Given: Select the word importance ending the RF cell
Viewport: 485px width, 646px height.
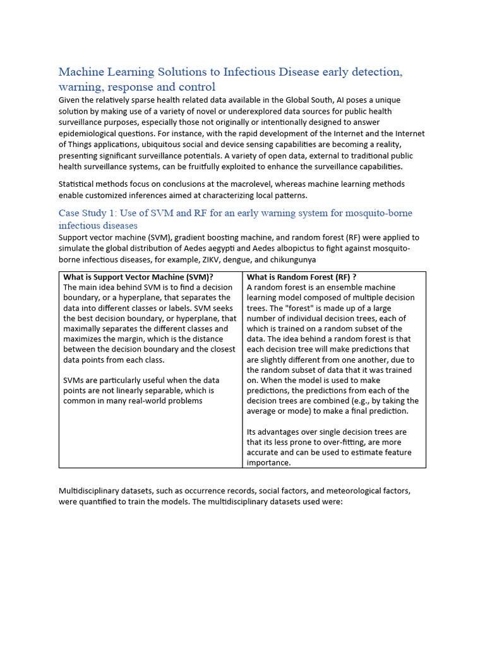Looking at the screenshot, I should coord(268,462).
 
